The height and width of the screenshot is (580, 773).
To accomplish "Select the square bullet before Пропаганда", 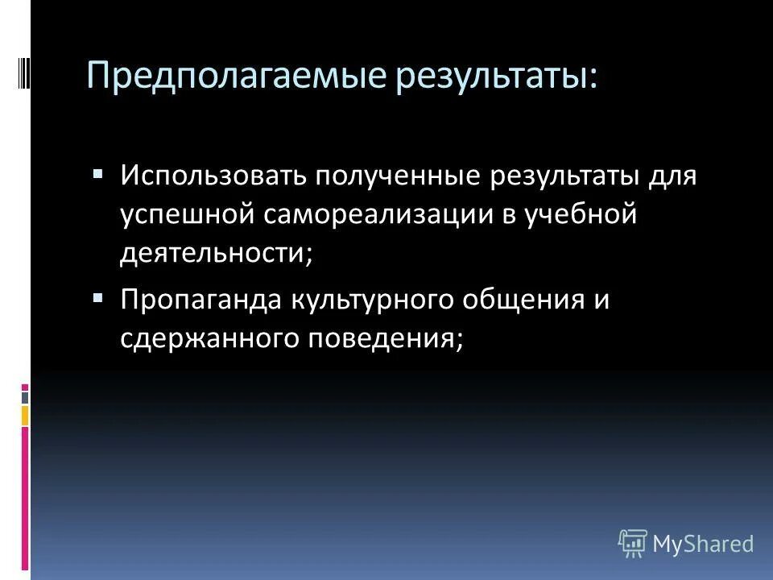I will pyautogui.click(x=98, y=297).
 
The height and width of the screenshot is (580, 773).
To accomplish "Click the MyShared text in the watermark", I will pyautogui.click(x=703, y=543).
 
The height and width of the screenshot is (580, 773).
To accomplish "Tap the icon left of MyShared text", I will pyautogui.click(x=633, y=543).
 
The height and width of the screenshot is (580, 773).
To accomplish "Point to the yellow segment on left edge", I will pyautogui.click(x=25, y=416).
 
